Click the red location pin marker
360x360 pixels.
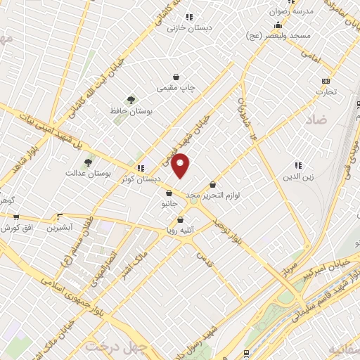(181, 165)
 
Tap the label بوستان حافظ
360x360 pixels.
(132, 111)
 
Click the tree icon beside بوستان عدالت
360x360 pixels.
(87, 162)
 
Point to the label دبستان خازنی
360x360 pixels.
(190, 28)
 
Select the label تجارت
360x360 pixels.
(326, 91)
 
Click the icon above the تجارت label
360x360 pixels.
(325, 81)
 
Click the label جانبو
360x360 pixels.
(169, 204)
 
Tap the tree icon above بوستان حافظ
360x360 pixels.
(131, 100)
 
